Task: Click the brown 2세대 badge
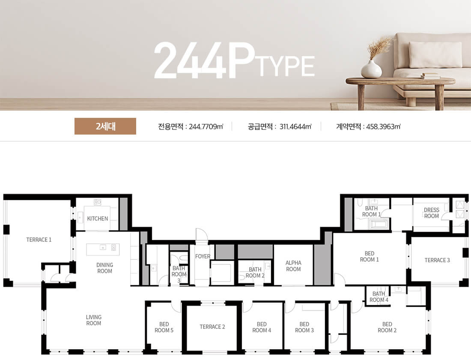tap(105, 126)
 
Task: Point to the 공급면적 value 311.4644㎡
tap(295, 126)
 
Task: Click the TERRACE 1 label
tap(39, 240)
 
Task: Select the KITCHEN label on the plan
tap(98, 219)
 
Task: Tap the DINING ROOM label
tap(104, 268)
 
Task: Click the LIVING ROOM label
tap(93, 320)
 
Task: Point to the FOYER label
tap(203, 256)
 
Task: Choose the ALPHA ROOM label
tap(293, 266)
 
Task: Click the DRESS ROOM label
tap(431, 213)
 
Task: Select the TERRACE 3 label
tap(437, 260)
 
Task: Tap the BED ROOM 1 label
tap(369, 257)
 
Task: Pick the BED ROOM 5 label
tap(164, 327)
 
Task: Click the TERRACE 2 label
tap(212, 327)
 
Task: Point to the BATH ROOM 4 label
tap(379, 297)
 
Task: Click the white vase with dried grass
tap(372, 68)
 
